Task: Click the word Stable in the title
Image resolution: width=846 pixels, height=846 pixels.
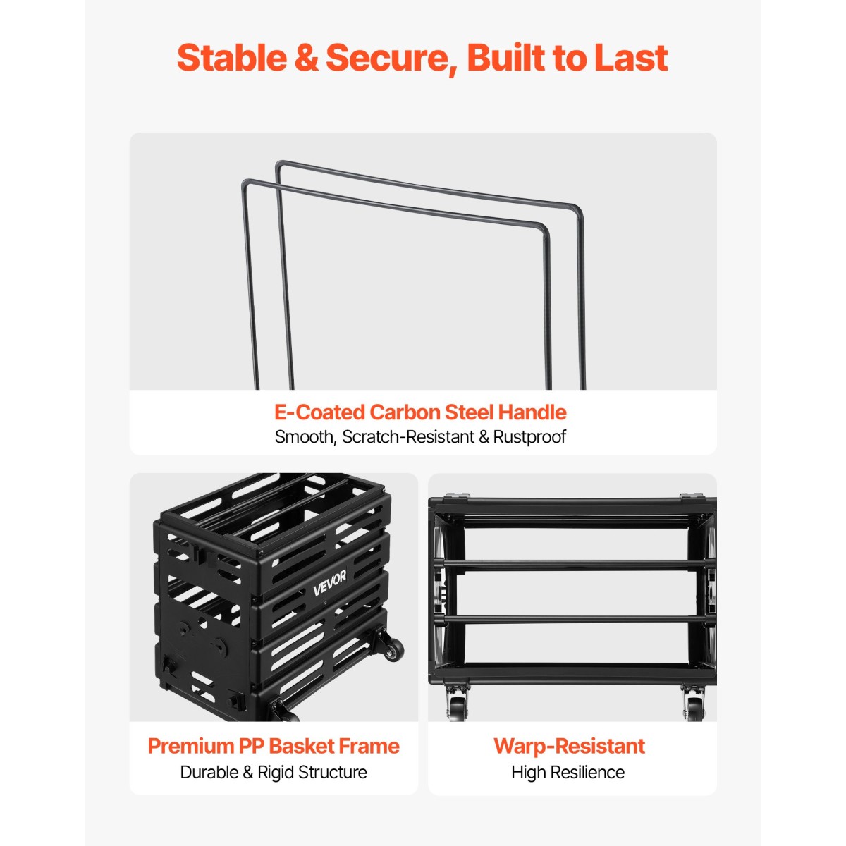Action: pos(232,58)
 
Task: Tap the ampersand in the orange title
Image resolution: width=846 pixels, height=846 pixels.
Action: pos(307,58)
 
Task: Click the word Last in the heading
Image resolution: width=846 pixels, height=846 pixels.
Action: pos(630,58)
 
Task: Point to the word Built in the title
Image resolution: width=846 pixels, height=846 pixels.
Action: pos(503,58)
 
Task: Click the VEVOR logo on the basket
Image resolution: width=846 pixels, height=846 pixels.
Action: pos(329,584)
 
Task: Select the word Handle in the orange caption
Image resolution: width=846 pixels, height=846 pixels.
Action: pos(532,412)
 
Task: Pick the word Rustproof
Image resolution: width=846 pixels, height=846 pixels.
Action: pos(529,437)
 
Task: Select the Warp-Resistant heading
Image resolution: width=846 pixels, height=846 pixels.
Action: pos(569,747)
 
